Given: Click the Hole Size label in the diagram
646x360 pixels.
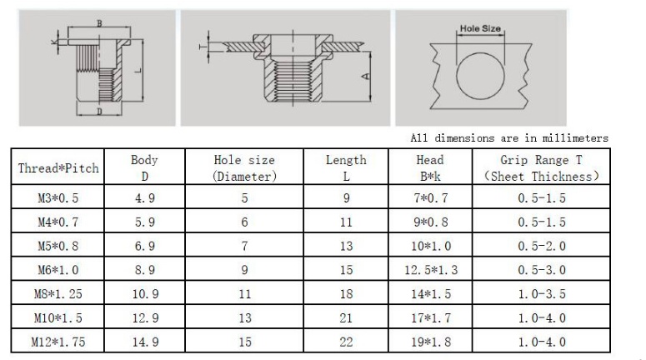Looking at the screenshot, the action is pos(480,28).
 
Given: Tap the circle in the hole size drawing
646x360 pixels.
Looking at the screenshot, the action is pos(457,76).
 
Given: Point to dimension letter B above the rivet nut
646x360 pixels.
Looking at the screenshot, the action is pos(99,23).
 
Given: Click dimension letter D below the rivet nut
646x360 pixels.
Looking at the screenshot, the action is pos(99,111).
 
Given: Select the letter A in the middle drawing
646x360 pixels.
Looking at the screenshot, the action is pos(365,76).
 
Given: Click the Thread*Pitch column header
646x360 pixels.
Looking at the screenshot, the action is pos(58,168).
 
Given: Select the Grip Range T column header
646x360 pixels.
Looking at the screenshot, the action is pos(541,168).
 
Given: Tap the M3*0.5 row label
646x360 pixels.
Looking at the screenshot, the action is pos(58,198).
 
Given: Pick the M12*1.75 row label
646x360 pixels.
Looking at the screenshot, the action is pos(58,342).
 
